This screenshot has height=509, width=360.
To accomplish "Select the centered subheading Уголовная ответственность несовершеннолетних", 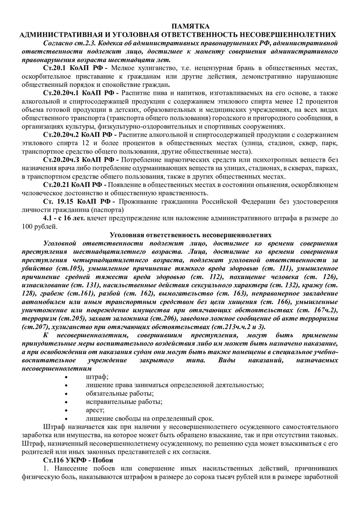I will click(191, 234).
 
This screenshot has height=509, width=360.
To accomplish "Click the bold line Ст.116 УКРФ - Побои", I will click(78, 460).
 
